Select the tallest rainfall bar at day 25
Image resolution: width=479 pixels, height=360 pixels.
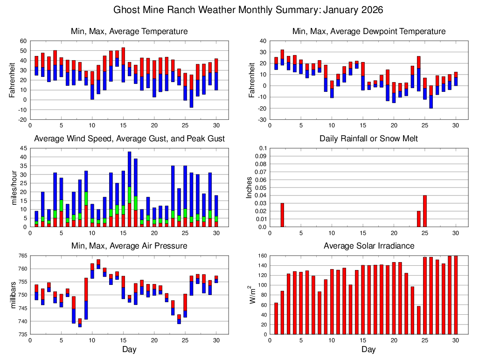425,211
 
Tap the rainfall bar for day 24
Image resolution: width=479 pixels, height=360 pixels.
419,219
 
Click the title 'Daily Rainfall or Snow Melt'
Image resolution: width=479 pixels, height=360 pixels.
368,138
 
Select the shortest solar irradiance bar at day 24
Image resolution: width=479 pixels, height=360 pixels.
419,320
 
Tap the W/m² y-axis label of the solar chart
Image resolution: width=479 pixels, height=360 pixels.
252,295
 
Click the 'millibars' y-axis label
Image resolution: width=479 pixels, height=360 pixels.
13,295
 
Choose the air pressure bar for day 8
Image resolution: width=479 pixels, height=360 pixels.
80,323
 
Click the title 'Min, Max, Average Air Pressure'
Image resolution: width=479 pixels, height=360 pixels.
129,246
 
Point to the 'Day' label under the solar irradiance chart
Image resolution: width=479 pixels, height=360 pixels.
368,349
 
